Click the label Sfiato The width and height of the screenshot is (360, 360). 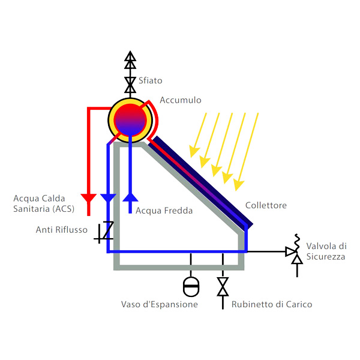coord(150,80)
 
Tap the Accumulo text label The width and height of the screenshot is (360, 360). coord(181,100)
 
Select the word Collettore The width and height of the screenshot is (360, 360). coord(266,206)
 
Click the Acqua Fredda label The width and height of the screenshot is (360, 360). coord(164,211)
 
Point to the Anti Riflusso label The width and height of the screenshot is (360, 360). coord(62,229)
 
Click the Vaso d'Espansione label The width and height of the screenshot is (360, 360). coord(159,305)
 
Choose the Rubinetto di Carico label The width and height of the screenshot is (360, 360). coord(272,305)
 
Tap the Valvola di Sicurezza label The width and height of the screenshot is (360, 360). coord(326,251)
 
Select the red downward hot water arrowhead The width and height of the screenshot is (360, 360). coord(89,198)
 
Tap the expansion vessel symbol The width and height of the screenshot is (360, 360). coord(191,286)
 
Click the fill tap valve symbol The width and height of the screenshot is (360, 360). coord(223,286)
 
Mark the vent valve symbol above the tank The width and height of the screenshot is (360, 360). coord(130,80)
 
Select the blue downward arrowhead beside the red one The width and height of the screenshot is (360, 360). coord(108,198)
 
